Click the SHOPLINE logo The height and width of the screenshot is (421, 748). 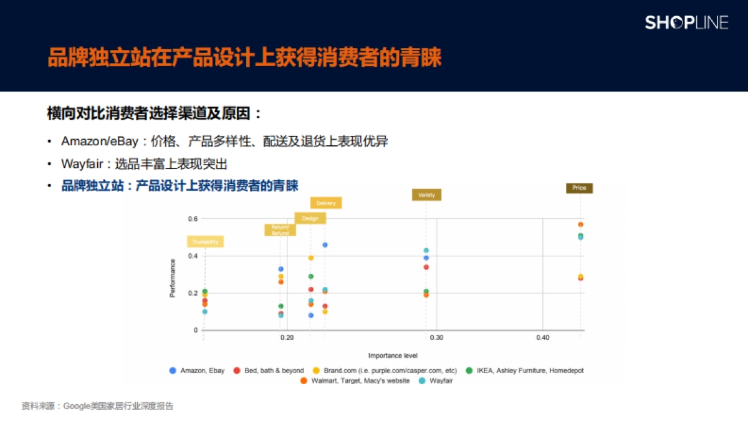point(686,23)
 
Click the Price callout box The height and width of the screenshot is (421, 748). point(579,188)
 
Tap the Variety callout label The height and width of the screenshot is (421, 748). point(426,195)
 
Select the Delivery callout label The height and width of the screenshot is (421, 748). point(326,203)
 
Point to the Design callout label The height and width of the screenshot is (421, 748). point(310,218)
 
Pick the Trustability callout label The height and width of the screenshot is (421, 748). point(204,241)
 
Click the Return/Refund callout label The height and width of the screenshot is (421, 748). point(280,230)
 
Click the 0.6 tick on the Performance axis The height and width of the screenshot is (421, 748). point(192,219)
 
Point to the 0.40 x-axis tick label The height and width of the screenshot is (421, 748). point(542,337)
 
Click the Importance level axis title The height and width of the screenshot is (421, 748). point(393,356)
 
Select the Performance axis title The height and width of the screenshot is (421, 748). point(173,278)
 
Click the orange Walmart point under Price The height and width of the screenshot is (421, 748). point(580,225)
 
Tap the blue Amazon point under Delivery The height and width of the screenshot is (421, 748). point(325,245)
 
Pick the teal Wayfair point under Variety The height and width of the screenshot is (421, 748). point(426,251)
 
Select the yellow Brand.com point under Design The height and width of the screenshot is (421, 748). point(310,258)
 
